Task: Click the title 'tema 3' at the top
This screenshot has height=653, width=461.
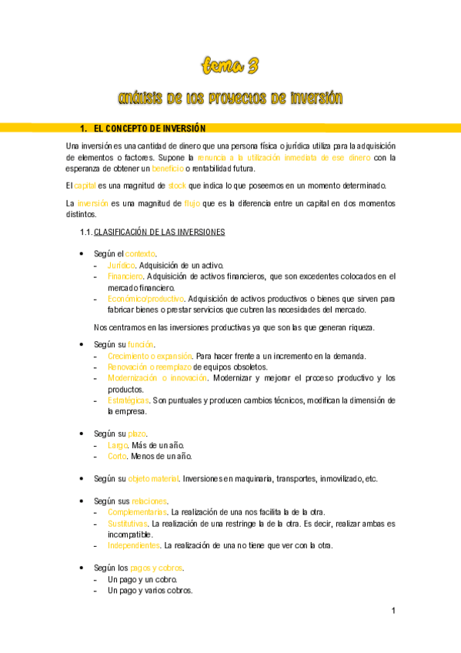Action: (230, 66)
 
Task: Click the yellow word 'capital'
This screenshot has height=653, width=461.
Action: (85, 186)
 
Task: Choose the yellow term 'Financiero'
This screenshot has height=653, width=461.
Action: (125, 276)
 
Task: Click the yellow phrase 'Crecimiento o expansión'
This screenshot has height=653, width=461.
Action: (150, 356)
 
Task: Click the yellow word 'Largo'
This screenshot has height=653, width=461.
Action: (118, 445)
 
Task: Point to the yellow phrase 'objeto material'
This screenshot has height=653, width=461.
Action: (152, 478)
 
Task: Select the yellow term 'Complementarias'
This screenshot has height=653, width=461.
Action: (137, 512)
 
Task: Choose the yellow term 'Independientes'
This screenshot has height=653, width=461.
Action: (134, 546)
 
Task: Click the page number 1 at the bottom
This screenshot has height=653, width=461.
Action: (393, 611)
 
